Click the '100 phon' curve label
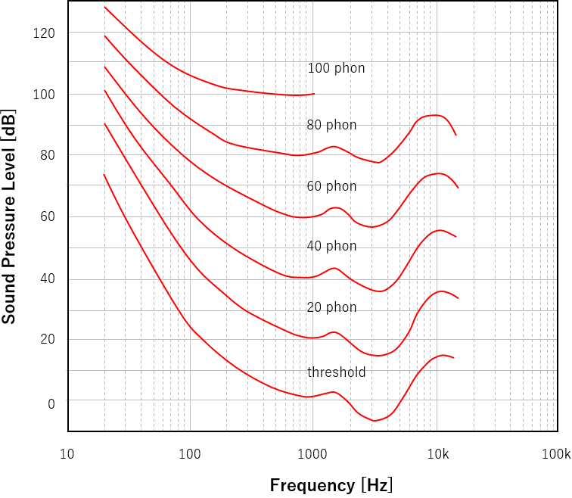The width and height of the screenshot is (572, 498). pyautogui.click(x=336, y=68)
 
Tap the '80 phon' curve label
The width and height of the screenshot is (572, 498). pyautogui.click(x=331, y=125)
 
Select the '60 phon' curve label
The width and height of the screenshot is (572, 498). pyautogui.click(x=331, y=186)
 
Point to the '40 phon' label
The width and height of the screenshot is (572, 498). pyautogui.click(x=331, y=246)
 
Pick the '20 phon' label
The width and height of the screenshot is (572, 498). pyautogui.click(x=331, y=307)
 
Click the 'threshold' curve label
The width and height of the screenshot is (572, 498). pyautogui.click(x=336, y=372)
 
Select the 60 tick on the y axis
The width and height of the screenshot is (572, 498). pyautogui.click(x=47, y=217)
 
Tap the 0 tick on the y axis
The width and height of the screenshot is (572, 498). pyautogui.click(x=51, y=404)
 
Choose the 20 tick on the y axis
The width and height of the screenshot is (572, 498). pyautogui.click(x=47, y=340)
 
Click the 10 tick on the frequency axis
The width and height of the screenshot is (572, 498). pyautogui.click(x=67, y=454)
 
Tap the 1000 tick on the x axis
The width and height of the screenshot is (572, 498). pyautogui.click(x=312, y=454)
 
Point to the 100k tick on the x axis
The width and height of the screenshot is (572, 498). pyautogui.click(x=556, y=454)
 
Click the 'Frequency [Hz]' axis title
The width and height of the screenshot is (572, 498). pyautogui.click(x=331, y=485)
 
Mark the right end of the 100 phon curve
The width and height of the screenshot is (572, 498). pyautogui.click(x=314, y=94)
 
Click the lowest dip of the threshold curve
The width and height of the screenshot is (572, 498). pyautogui.click(x=374, y=420)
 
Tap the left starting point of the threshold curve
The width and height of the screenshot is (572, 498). pyautogui.click(x=104, y=175)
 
